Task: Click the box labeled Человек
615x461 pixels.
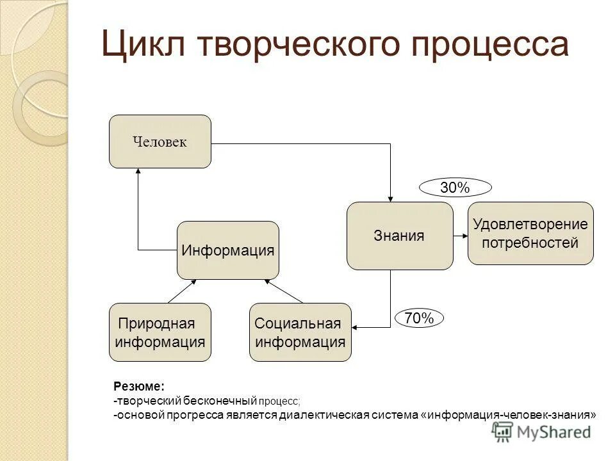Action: point(160,142)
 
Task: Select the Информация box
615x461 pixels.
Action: point(227,250)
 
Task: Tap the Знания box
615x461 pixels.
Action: point(399,236)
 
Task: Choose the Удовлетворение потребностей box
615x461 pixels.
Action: point(530,234)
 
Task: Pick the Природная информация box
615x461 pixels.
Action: point(160,332)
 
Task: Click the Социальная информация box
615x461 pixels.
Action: point(300,332)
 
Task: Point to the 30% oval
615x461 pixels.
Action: point(455,188)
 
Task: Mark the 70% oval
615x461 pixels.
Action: point(419,318)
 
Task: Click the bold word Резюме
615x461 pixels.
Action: point(139,387)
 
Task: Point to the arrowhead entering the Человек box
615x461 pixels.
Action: point(138,172)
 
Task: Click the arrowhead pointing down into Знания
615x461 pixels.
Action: point(390,198)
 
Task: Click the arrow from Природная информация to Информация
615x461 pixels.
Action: point(181,291)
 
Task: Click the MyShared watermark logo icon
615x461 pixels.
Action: point(502,432)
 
